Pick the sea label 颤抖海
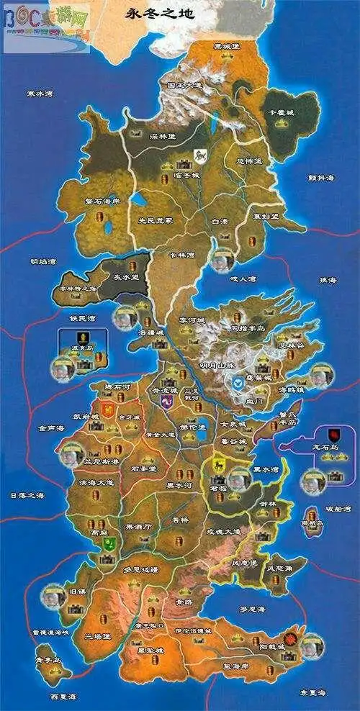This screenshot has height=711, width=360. [321, 177]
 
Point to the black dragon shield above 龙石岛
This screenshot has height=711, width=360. [336, 435]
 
